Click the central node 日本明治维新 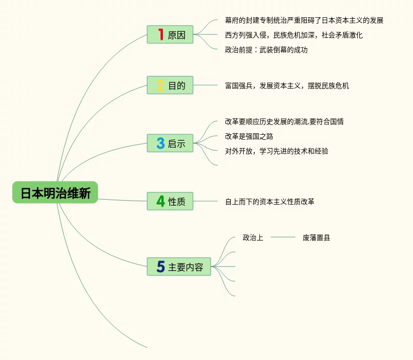[55, 193]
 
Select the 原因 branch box [170, 34]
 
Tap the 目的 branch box [170, 85]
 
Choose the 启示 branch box [170, 143]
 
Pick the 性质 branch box [170, 201]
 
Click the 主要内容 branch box [179, 267]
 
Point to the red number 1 [160, 34]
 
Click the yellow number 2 [160, 86]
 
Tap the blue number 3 [160, 143]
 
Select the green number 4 [160, 201]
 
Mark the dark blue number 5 [160, 267]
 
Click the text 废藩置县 [316, 238]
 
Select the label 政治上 [253, 238]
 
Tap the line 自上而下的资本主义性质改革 [269, 202]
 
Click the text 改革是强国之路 [249, 136]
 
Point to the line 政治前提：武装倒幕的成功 [266, 50]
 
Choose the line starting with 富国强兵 [286, 86]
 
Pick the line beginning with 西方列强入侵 [293, 35]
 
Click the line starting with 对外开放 [276, 151]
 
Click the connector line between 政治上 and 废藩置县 [283, 238]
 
